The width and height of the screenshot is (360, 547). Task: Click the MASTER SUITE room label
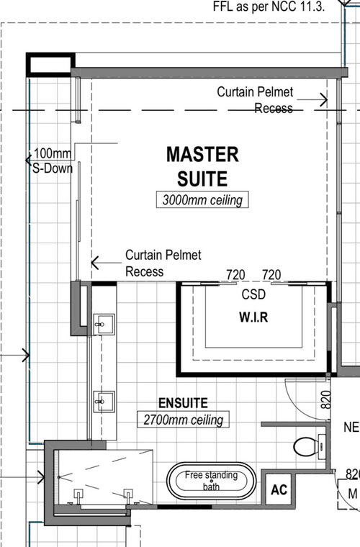coord(202,166)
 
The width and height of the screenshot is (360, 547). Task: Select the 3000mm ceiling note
coord(202,199)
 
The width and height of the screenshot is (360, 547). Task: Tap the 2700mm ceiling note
coord(183,419)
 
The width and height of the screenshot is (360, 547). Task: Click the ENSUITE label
coord(183,403)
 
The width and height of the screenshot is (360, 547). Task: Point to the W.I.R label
coord(253,317)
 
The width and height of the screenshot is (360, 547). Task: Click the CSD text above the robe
coord(253,295)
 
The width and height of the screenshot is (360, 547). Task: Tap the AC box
coord(279,489)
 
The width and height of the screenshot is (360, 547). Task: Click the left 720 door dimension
coord(236,274)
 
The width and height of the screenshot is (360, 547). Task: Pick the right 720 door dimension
coord(271,274)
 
